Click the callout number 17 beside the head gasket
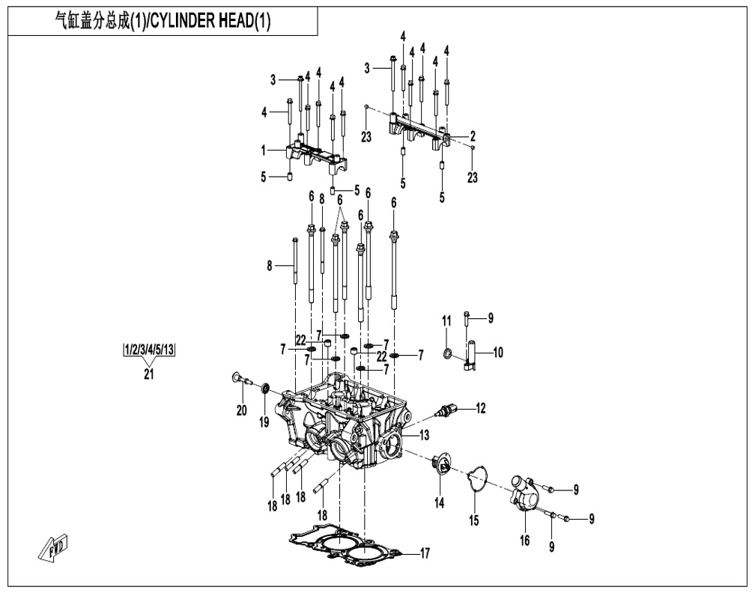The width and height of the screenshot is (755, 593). tap(425, 554)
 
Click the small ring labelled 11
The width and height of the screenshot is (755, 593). tap(448, 353)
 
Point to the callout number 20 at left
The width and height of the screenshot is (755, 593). tap(240, 410)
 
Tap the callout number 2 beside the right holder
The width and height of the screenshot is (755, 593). tap(473, 136)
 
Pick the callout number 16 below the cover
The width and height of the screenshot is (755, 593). tap(525, 539)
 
